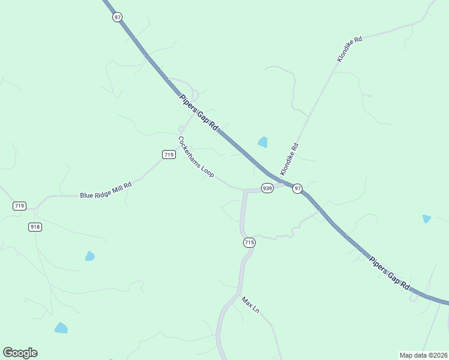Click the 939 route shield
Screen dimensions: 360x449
coord(267,188)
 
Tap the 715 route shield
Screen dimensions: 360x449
coord(249,242)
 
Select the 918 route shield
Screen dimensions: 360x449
coord(34,227)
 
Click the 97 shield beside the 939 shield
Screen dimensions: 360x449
coord(298,188)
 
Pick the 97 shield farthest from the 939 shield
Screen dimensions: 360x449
coord(117,17)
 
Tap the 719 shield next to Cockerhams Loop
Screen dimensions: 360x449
coord(169,155)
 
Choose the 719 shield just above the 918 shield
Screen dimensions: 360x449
coord(19,206)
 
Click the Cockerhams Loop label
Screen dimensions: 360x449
coord(196,157)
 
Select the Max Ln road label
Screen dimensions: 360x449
coord(250,305)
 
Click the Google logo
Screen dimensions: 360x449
coord(20,353)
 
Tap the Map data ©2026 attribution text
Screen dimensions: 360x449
coord(423,355)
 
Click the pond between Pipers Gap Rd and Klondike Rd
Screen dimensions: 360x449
coord(262,142)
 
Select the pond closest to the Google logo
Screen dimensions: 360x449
coord(61,328)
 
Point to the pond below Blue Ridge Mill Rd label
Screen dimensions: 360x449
coord(89,256)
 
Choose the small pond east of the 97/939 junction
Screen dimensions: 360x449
coord(426,219)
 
